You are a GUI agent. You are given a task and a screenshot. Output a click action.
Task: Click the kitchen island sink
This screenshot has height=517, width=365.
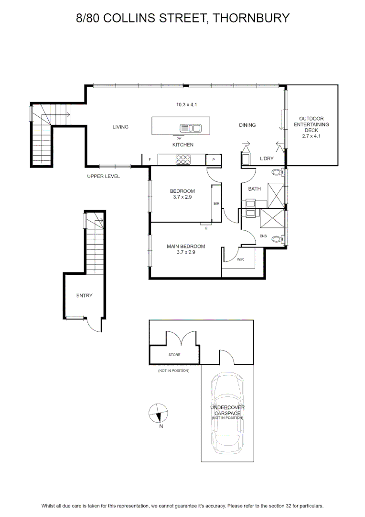(x=191, y=128)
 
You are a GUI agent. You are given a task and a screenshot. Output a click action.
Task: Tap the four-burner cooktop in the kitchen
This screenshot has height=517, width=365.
(x=183, y=159)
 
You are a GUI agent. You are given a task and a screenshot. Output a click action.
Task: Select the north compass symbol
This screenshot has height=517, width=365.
(x=158, y=413)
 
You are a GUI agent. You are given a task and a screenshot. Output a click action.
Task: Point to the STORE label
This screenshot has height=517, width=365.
(x=174, y=355)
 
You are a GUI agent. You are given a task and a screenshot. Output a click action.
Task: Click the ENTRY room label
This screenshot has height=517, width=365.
(x=84, y=296)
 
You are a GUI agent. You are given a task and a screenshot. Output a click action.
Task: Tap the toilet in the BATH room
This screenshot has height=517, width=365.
(x=278, y=172)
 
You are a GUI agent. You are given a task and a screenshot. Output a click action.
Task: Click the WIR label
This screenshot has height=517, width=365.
(x=241, y=259)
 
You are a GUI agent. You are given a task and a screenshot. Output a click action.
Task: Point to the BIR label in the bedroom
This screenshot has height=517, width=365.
(x=216, y=204)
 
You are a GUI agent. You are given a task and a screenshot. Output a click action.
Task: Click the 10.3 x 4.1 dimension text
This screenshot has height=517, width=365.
(x=187, y=105)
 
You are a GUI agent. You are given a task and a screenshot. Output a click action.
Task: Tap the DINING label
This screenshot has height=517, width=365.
(x=247, y=125)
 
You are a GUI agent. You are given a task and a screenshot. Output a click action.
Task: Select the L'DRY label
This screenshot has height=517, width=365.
(x=267, y=158)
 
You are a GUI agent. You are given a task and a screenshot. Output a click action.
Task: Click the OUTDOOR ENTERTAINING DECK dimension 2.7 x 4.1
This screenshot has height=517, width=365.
(x=311, y=136)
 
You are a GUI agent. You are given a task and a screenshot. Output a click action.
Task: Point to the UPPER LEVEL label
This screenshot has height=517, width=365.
(x=103, y=176)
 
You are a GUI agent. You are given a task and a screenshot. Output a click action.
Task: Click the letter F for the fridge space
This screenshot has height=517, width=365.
(x=150, y=159)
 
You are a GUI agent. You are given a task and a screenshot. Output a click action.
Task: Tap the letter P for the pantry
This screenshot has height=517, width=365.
(x=214, y=160)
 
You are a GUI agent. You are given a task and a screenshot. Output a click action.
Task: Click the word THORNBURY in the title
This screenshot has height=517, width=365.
(x=251, y=18)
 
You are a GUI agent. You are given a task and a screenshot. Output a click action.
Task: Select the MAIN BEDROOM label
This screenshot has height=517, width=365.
(x=186, y=247)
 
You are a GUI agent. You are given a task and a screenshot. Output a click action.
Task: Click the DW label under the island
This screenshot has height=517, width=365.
(x=179, y=138)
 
